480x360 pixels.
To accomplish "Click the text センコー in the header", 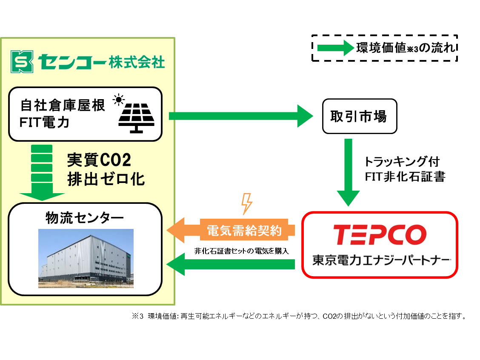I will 71,62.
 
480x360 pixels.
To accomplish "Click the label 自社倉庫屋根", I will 62,106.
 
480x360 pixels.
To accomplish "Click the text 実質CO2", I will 99,160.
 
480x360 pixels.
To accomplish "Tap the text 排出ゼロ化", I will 106,179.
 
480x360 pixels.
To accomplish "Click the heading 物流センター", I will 85,218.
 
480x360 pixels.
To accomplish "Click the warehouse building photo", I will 86,258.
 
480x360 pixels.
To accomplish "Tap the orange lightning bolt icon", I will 247,203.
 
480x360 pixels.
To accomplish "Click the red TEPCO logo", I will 379,234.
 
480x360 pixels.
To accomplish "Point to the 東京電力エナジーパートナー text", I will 381,260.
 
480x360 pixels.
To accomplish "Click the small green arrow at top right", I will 336,48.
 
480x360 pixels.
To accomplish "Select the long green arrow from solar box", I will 241,116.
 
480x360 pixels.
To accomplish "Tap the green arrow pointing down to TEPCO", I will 348,172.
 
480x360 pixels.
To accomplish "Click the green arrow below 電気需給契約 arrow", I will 231,264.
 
